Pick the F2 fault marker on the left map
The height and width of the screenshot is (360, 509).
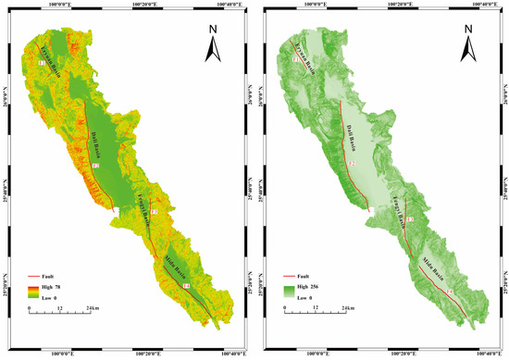[x=95, y=166]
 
